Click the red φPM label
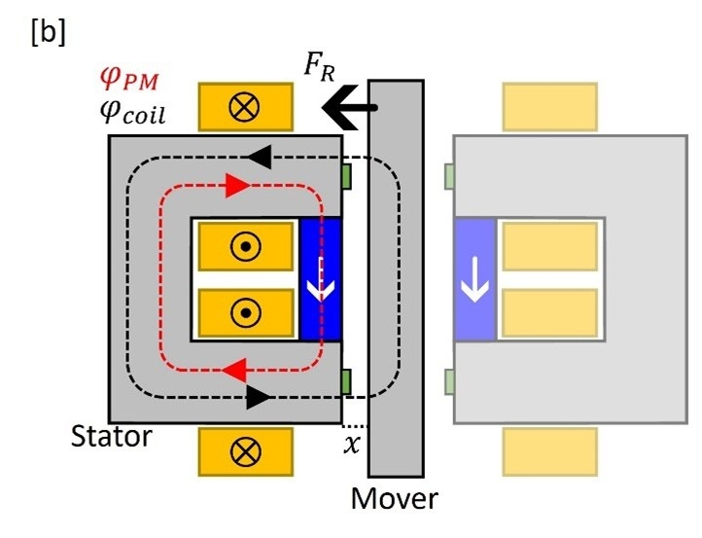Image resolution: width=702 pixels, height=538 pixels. (131, 79)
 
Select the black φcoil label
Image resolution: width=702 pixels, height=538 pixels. (133, 114)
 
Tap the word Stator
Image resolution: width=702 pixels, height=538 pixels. (112, 437)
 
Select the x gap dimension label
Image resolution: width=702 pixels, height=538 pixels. (351, 444)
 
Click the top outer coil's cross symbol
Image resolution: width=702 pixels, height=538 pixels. (245, 107)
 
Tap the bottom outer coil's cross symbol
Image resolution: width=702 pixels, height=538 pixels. (245, 451)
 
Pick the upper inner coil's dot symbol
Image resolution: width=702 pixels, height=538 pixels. (245, 248)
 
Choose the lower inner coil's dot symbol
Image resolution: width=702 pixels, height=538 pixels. (245, 313)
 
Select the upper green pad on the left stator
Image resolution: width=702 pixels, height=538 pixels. (346, 176)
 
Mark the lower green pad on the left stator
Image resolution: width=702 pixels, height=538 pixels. (346, 379)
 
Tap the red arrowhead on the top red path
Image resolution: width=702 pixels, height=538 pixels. (236, 183)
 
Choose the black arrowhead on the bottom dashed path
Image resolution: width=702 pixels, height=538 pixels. (254, 397)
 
